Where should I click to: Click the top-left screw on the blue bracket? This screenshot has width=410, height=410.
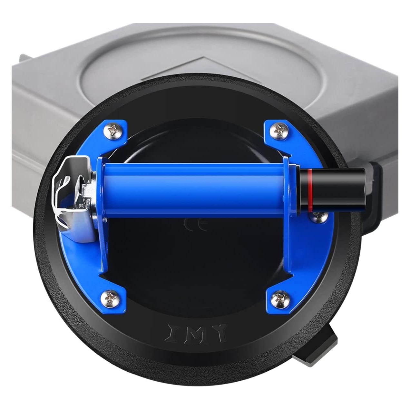(114, 131)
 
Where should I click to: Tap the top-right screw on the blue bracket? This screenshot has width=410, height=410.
(278, 130)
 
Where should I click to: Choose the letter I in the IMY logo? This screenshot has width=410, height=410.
(172, 333)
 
